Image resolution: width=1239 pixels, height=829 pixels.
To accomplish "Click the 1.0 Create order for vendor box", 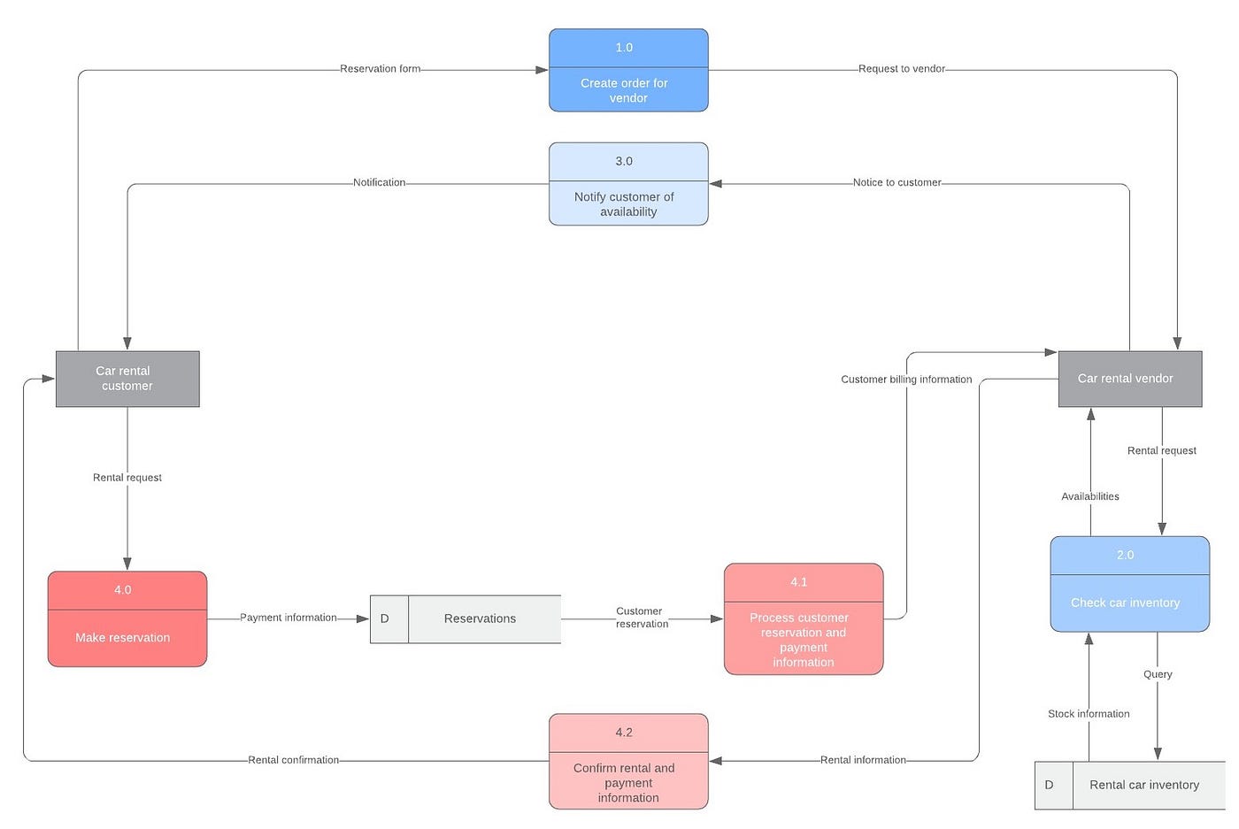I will tap(628, 71).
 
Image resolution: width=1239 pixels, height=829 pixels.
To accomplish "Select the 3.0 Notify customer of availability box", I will tap(628, 184).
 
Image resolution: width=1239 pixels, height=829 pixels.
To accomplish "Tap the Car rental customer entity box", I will tap(127, 379).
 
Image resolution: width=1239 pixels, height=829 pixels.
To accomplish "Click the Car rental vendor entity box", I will tap(1130, 379).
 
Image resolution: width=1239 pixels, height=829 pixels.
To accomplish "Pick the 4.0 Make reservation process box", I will tap(127, 618).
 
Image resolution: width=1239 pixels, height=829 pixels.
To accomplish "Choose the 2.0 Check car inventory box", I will tap(1130, 584).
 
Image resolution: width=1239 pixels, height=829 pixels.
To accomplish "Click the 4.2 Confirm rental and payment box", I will tap(628, 762).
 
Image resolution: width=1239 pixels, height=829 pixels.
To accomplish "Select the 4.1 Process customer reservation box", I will tap(804, 619).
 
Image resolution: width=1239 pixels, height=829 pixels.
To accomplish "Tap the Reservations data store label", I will tap(481, 618).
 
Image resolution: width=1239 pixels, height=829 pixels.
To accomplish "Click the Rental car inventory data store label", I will tap(1144, 785).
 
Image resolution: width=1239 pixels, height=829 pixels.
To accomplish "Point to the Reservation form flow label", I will tap(381, 69).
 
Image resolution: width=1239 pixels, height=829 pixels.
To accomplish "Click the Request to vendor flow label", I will tap(902, 69).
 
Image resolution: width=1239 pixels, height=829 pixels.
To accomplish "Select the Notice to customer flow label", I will tap(897, 182).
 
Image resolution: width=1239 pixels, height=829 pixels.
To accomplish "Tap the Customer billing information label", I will tap(906, 380).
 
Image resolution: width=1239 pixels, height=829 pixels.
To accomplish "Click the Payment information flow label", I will tap(289, 618).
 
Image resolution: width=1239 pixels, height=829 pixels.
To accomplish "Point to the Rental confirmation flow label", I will tap(294, 760).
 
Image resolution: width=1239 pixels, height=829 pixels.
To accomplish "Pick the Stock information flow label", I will tap(1089, 714).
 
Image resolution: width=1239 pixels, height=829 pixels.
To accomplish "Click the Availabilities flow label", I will tap(1090, 496).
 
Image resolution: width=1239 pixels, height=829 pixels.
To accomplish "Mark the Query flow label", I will tap(1158, 674).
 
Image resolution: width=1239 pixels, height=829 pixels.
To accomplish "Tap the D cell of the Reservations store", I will tap(385, 618).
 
